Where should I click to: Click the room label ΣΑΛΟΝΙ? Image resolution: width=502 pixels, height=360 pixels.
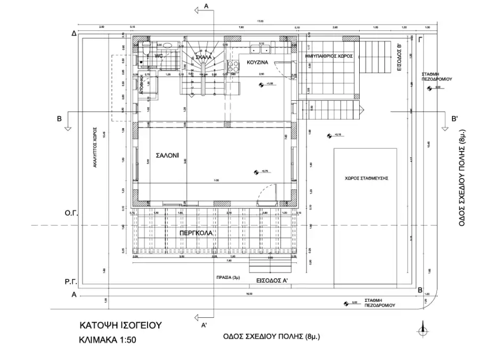(167, 156)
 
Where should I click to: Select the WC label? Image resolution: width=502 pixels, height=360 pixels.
(158, 56)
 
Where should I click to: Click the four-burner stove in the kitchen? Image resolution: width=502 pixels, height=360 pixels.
(233, 67)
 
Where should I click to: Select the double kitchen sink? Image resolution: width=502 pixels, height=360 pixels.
(261, 50)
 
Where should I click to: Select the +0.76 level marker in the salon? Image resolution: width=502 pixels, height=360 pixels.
(257, 171)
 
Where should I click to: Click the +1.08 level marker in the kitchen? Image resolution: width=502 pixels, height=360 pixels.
(262, 84)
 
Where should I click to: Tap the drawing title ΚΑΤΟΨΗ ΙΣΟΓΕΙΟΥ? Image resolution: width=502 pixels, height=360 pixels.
(120, 324)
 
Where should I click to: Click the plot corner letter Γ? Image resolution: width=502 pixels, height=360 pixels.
(421, 39)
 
